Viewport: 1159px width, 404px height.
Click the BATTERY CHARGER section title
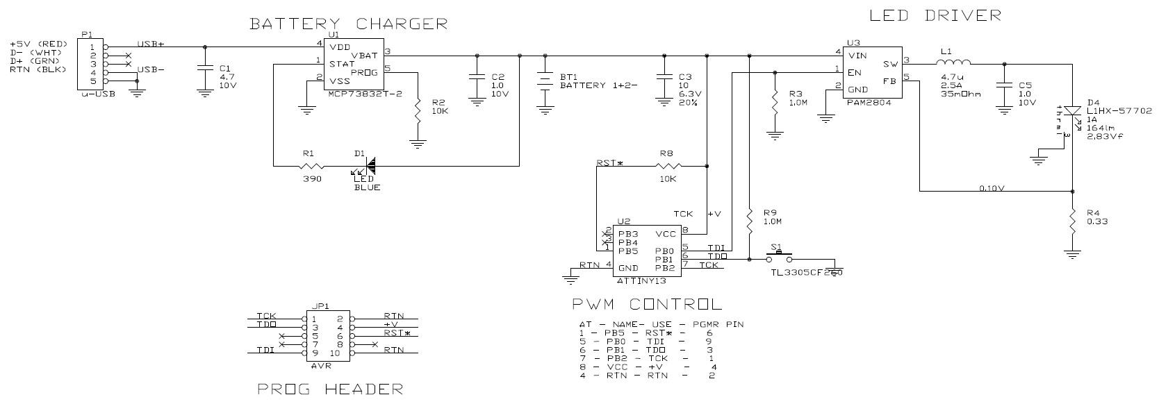click(349, 23)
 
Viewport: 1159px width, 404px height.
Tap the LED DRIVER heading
click(935, 15)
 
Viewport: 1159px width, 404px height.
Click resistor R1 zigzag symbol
click(312, 166)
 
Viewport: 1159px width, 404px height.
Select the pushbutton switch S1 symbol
click(778, 256)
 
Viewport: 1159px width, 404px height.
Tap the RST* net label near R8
click(609, 163)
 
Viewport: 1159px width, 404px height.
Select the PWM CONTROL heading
click(646, 304)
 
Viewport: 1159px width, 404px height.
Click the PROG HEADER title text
click(329, 389)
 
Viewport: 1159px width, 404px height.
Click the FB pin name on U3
click(890, 81)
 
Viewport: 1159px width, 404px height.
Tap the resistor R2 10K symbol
click(418, 110)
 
